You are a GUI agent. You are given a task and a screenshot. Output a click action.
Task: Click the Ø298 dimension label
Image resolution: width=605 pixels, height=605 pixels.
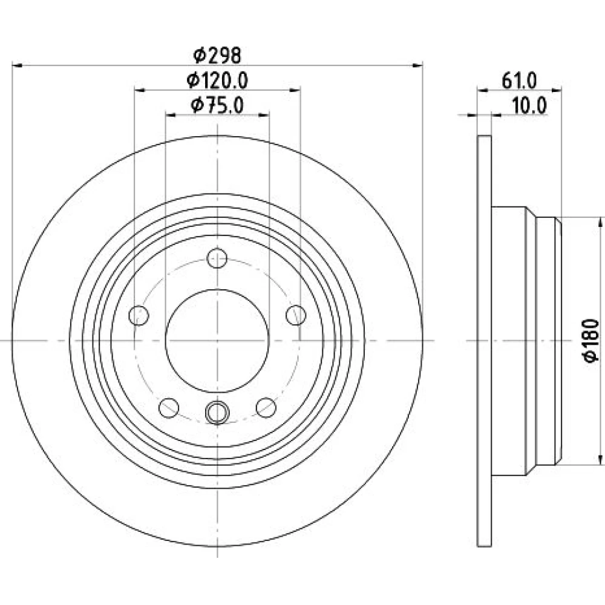click(217, 56)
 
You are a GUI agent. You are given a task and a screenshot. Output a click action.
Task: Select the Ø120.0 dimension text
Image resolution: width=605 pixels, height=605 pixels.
click(217, 80)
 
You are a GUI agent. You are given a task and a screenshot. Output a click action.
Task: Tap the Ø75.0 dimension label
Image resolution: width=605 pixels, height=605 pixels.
click(217, 105)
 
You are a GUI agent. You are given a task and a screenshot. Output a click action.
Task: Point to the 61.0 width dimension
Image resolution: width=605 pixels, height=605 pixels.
click(519, 81)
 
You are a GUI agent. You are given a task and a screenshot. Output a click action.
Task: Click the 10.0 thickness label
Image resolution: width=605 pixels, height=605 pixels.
click(529, 105)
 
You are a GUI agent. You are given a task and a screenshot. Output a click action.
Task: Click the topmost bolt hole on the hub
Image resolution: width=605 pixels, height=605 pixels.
click(217, 258)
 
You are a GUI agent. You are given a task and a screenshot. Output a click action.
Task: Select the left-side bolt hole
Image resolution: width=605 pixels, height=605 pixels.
click(139, 315)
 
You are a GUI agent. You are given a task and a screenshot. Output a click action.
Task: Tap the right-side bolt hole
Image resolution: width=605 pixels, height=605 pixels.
click(296, 315)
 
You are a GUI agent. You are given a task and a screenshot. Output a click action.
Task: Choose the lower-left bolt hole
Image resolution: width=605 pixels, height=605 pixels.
click(169, 407)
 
